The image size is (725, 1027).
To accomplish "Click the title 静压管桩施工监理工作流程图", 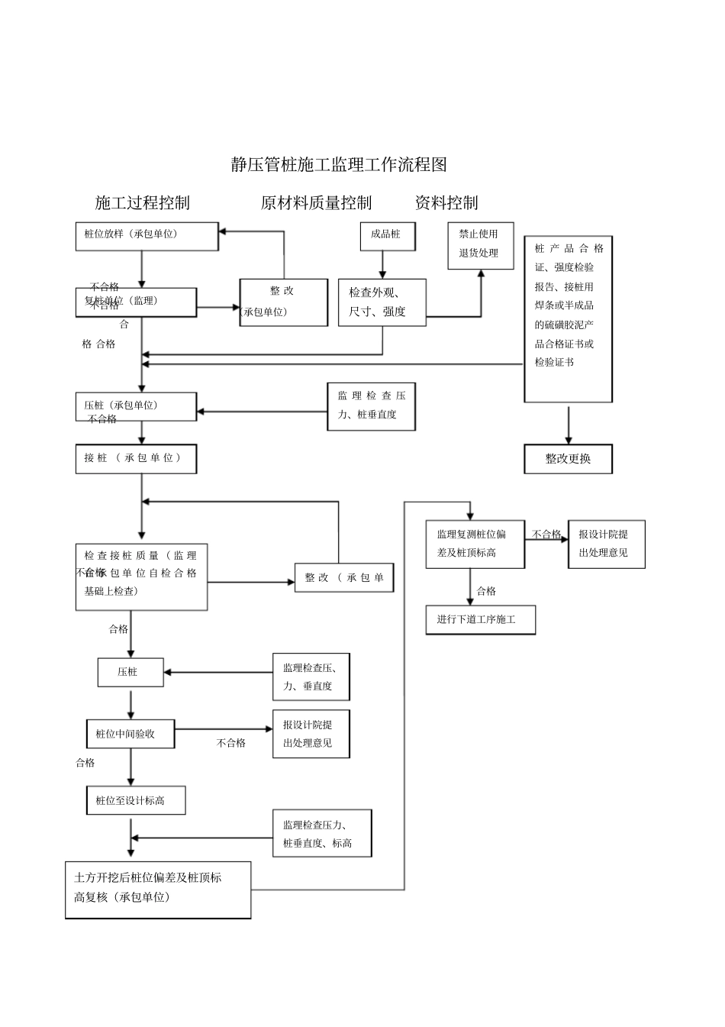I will [339, 164].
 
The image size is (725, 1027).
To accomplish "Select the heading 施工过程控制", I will [142, 202].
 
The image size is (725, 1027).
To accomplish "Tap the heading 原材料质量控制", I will [316, 202].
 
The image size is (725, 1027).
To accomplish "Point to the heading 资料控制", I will [446, 202].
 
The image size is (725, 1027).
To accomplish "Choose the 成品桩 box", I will [387, 236].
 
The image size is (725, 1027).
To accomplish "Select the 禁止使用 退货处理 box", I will [480, 244].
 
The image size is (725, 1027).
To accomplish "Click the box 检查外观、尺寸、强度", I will [382, 302].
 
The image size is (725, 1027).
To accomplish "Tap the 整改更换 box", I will [568, 459].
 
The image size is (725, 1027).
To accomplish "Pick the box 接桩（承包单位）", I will [136, 458].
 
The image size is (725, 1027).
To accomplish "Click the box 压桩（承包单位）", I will [136, 406].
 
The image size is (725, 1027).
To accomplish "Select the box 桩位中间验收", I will [130, 734].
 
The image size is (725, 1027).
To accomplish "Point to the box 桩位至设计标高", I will [135, 800].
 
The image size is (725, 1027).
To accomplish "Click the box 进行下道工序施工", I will [480, 619].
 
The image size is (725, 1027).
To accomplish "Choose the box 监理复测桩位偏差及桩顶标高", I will [475, 544].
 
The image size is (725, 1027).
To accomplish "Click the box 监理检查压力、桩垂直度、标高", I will [322, 834].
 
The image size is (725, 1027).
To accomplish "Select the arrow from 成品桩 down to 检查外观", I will [383, 264].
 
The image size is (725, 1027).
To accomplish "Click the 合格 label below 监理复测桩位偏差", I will [486, 591].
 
